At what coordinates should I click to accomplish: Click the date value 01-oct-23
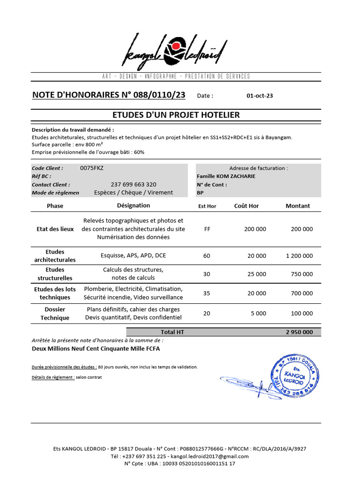pos(259,96)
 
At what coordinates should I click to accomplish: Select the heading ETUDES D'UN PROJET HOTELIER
pos(176,115)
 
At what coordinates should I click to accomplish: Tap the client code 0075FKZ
pos(92,168)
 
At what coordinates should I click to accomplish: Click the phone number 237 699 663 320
pos(134,185)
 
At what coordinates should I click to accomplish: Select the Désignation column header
pos(134,205)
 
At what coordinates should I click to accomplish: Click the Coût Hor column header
pos(246,206)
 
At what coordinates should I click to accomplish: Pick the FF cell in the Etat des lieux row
pos(207,229)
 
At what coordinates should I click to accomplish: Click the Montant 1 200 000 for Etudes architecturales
pos(299,256)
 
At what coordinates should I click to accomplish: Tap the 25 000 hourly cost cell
pos(256,274)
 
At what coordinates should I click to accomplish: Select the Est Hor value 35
pos(207,293)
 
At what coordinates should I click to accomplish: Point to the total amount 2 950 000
pos(299,332)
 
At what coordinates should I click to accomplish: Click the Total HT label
pos(172,332)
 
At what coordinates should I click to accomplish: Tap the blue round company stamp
pos(296,375)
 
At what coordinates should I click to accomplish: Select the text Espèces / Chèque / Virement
pos(134,193)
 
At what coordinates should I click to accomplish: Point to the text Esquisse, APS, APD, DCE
pos(134,256)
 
